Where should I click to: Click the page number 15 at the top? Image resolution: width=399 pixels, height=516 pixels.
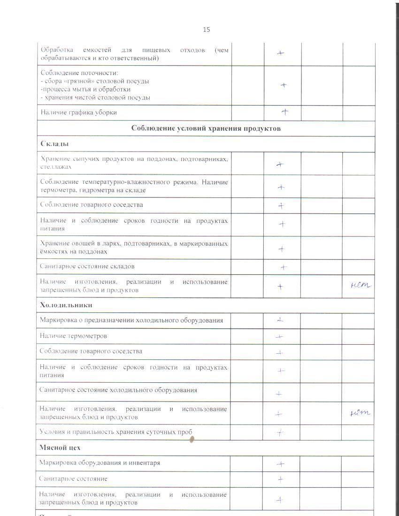tap(207, 30)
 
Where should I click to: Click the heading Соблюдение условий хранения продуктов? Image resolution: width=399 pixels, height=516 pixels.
tap(206, 129)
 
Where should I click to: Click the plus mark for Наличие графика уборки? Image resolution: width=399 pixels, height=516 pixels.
tap(284, 112)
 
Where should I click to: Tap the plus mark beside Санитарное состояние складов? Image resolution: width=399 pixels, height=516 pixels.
tap(284, 267)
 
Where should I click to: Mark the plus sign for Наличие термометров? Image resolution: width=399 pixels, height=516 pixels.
tap(280, 336)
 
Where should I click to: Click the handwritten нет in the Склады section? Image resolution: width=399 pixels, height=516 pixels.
tap(361, 285)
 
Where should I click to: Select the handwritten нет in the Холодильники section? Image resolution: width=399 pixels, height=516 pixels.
tap(360, 413)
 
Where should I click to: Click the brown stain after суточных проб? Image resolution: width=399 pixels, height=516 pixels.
tap(192, 440)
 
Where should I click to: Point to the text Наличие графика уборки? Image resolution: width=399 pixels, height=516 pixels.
tap(79, 113)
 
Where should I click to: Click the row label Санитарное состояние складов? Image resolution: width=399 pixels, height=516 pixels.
tap(87, 266)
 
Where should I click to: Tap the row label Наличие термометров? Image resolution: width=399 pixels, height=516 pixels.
tap(73, 336)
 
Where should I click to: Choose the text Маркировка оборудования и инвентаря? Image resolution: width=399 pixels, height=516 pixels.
tap(100, 463)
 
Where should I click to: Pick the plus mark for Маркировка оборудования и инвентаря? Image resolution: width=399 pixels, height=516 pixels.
tap(281, 464)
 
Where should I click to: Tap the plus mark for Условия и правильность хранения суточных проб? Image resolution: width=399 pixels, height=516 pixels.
tap(280, 433)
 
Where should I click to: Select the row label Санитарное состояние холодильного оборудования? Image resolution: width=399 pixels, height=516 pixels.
tap(118, 390)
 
